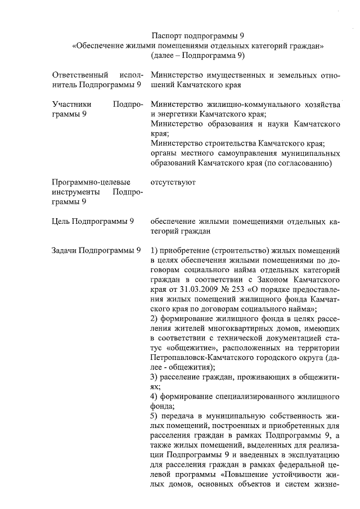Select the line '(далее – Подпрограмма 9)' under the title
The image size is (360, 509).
click(x=197, y=55)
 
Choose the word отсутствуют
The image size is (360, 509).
click(x=173, y=182)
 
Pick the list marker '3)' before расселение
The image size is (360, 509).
click(x=155, y=377)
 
